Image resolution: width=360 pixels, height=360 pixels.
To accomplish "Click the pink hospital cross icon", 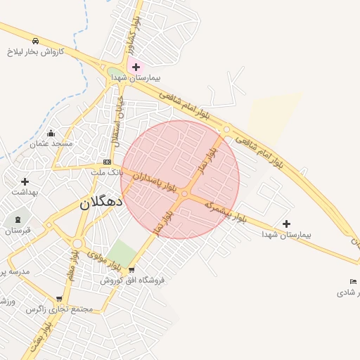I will pyautogui.click(x=136, y=67).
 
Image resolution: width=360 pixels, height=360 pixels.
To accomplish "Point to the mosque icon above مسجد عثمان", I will pyautogui.click(x=51, y=133).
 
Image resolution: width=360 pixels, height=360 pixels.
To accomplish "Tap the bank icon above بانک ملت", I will pyautogui.click(x=107, y=162).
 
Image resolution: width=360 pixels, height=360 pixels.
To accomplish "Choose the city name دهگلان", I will pyautogui.click(x=100, y=202).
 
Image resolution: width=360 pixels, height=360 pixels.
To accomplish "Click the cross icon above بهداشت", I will pyautogui.click(x=25, y=181).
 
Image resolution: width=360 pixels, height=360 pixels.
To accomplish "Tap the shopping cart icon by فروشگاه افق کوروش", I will pyautogui.click(x=131, y=270).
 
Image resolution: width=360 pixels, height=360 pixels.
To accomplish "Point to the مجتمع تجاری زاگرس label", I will pyautogui.click(x=60, y=309).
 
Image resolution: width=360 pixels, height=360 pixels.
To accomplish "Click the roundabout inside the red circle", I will pyautogui.click(x=184, y=193).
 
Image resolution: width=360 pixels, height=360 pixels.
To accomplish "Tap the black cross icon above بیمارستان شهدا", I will pyautogui.click(x=286, y=224).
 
